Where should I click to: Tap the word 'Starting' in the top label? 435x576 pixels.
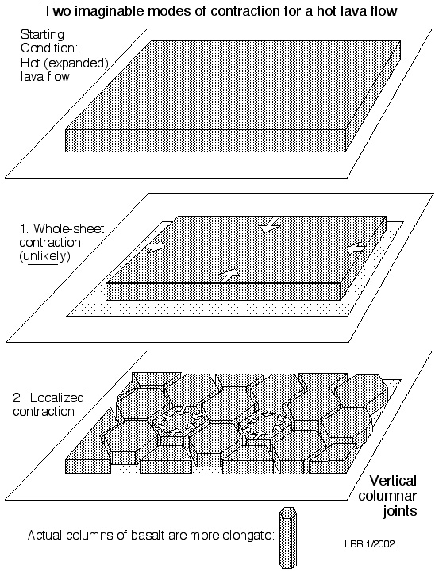(42, 35)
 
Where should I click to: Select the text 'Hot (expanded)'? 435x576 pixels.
(64, 63)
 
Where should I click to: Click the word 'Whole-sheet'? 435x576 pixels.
(69, 228)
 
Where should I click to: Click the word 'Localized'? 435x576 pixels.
(57, 397)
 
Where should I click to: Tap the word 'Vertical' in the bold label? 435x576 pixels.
(393, 481)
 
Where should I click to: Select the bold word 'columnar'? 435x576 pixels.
(387, 496)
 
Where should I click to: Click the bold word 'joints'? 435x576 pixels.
(400, 511)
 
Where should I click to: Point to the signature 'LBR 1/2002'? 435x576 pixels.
(370, 544)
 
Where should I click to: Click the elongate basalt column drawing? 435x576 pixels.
(287, 537)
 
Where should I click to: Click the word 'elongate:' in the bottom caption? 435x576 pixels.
(248, 536)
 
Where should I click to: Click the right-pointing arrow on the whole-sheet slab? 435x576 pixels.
(154, 247)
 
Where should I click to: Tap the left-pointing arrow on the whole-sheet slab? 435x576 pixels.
(356, 248)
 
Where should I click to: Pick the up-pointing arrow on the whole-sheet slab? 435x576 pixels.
(228, 275)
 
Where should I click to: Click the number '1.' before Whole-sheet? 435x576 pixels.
(25, 228)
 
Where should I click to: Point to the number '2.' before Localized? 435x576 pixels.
(17, 397)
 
